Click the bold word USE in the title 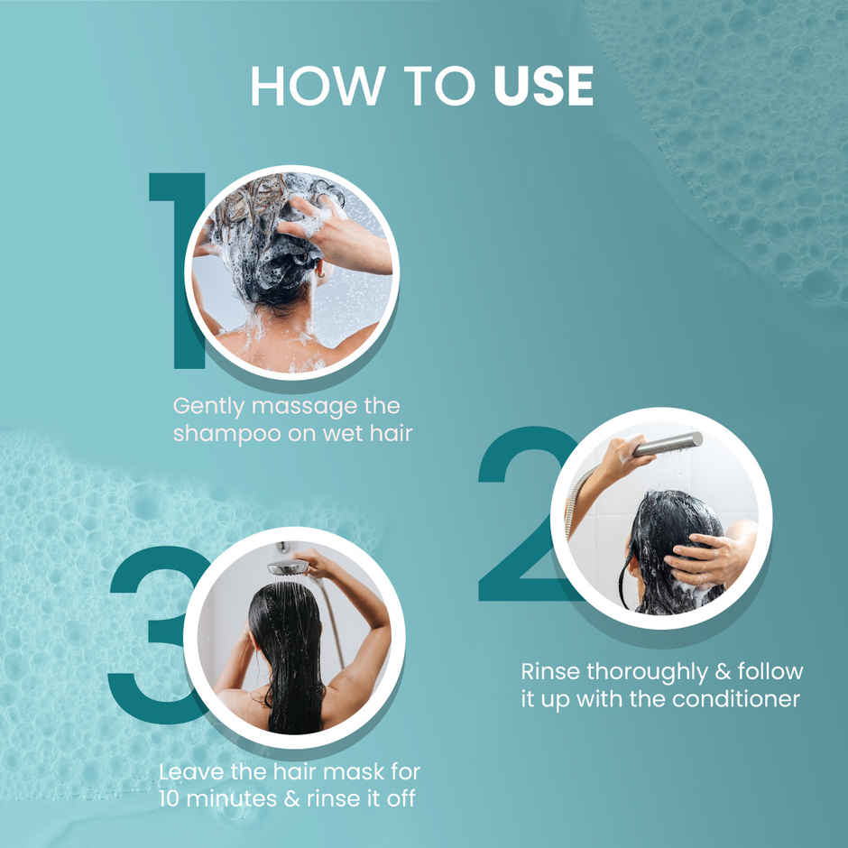[x=543, y=87]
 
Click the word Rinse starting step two [x=551, y=672]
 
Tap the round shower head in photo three [x=286, y=567]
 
